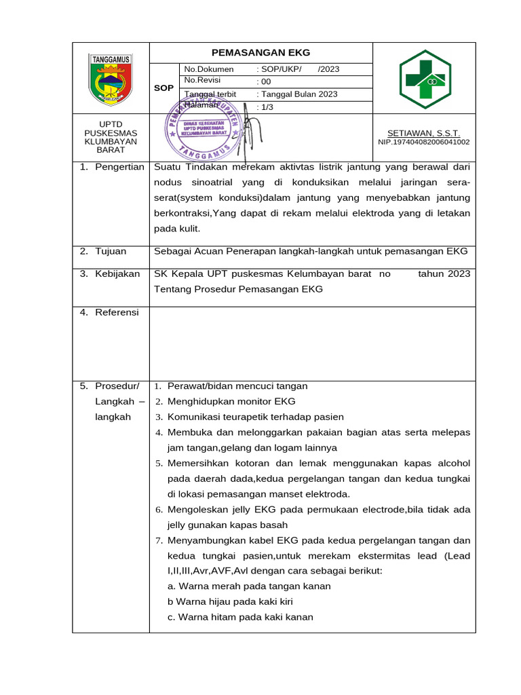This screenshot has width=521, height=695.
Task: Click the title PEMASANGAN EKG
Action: [260, 52]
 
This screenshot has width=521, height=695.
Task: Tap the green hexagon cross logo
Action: [424, 77]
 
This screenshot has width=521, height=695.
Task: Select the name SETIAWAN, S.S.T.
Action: [423, 133]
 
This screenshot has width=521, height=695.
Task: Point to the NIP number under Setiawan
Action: [423, 142]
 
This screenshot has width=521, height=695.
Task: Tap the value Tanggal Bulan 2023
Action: [298, 94]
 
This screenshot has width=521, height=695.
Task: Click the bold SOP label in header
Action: [163, 88]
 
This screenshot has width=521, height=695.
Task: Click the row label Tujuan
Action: [111, 251]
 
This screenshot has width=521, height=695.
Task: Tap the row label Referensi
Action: [117, 312]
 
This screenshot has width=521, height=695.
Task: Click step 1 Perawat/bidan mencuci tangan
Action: [237, 386]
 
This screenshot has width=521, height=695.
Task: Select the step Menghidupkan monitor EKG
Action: [231, 401]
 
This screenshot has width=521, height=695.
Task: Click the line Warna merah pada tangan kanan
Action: [249, 586]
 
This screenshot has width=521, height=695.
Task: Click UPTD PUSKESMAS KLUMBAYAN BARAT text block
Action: [111, 137]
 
